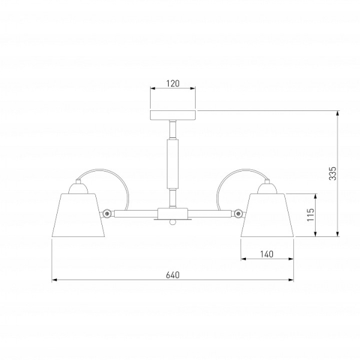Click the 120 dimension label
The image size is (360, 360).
coord(173,83)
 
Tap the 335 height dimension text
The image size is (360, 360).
coord(332,173)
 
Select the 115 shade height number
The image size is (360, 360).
coord(311,215)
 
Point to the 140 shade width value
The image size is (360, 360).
coord(267,254)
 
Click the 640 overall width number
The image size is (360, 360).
coord(173,275)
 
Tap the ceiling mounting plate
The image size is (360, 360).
coord(173,115)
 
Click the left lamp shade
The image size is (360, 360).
coord(78,215)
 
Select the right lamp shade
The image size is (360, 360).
coord(267,215)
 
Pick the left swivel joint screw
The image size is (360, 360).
coord(107,214)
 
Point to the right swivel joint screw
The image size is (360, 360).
coord(239,214)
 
